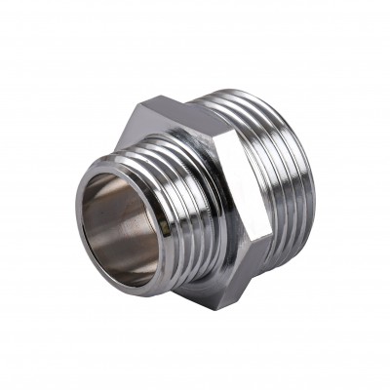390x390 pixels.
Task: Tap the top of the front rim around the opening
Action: tap(122, 166)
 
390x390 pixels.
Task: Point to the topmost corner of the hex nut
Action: tap(156, 97)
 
